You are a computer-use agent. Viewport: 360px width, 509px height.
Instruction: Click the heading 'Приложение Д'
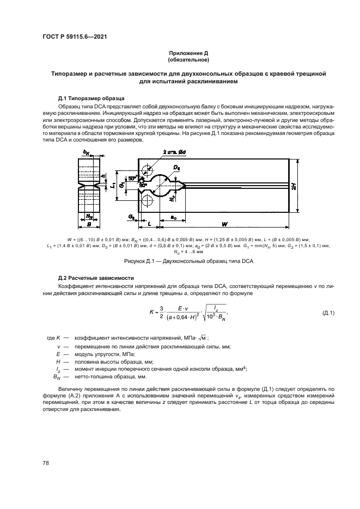coord(188,53)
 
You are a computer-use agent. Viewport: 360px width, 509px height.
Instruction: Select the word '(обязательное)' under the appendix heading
coord(188,59)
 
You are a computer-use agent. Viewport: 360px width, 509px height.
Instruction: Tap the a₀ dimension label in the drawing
coord(173,217)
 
